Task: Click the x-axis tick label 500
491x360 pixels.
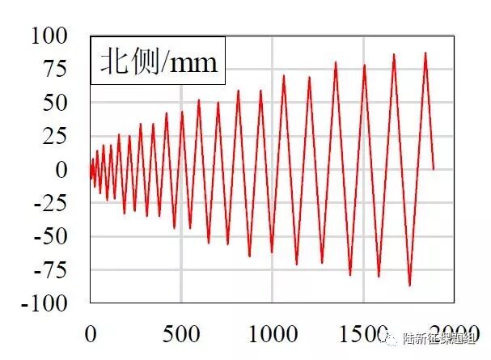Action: (181, 332)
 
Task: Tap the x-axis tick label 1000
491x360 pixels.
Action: (272, 332)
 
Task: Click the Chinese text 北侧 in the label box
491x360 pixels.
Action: (125, 62)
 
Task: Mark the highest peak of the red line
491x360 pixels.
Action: (425, 53)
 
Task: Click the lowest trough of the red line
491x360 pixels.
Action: (409, 286)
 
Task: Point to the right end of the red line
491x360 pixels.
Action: (434, 169)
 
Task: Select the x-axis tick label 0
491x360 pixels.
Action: (91, 332)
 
